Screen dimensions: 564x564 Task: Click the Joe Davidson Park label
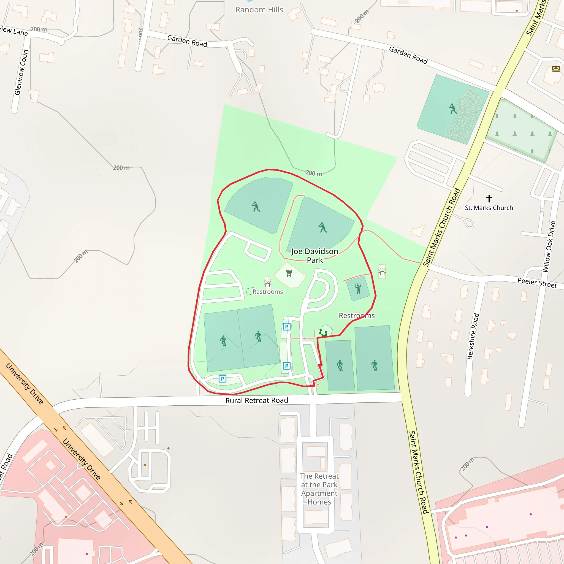click(315, 256)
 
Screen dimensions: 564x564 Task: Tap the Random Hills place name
click(259, 10)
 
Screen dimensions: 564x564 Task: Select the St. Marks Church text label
click(489, 208)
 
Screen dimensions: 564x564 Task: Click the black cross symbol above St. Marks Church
click(489, 199)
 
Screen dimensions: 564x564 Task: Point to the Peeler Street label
click(537, 283)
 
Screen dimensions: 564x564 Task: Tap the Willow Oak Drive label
click(549, 247)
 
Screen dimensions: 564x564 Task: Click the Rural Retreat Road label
click(257, 400)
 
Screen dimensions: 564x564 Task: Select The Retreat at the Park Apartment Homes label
click(319, 489)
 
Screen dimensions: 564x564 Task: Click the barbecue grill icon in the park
click(289, 273)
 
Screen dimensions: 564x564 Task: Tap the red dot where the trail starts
click(320, 365)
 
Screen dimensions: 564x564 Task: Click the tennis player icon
click(358, 288)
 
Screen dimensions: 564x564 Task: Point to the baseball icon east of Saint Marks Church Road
click(453, 109)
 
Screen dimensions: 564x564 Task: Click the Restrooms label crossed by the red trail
click(356, 316)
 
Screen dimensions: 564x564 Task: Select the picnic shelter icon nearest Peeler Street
click(382, 272)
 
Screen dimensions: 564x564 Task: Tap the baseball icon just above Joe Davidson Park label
click(322, 227)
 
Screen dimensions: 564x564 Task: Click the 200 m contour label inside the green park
click(314, 173)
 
